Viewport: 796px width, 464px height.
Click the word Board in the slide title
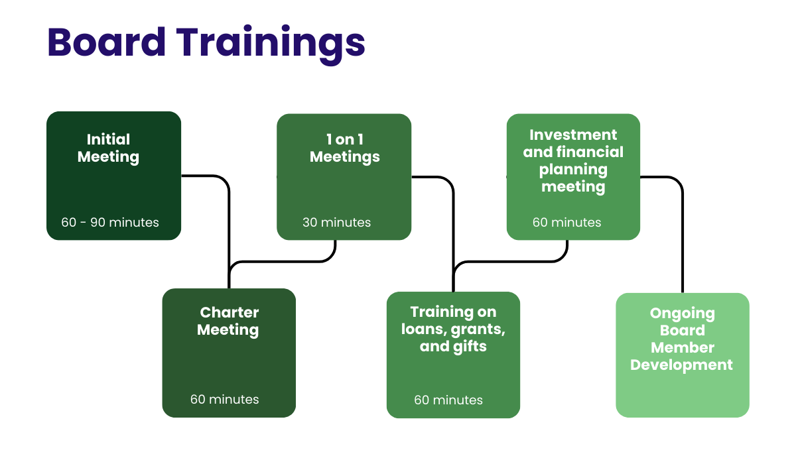pyautogui.click(x=107, y=42)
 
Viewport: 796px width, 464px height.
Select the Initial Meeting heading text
pyautogui.click(x=108, y=148)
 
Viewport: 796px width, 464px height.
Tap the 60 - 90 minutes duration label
pyautogui.click(x=110, y=222)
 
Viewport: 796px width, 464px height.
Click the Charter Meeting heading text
pyautogui.click(x=229, y=321)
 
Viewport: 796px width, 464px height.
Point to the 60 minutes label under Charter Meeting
pyautogui.click(x=224, y=399)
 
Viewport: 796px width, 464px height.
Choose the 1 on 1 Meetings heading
pyautogui.click(x=344, y=148)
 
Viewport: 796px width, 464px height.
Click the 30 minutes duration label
pyautogui.click(x=336, y=222)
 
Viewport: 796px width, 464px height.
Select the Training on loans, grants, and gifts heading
pyautogui.click(x=453, y=329)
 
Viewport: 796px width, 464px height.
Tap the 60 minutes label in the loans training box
pyautogui.click(x=448, y=400)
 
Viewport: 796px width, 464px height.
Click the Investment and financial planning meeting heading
pyautogui.click(x=573, y=160)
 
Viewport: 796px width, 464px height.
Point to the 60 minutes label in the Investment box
pyautogui.click(x=566, y=222)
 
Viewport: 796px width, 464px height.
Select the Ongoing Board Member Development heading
pyautogui.click(x=682, y=339)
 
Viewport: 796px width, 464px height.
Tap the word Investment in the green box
pyautogui.click(x=573, y=135)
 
